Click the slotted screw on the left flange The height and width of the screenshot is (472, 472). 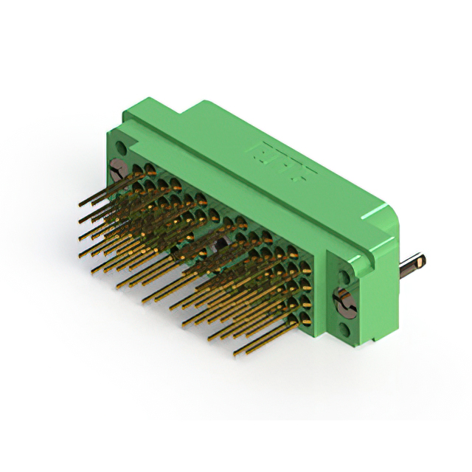coord(117,170)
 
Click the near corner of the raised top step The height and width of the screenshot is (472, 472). coord(184,118)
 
